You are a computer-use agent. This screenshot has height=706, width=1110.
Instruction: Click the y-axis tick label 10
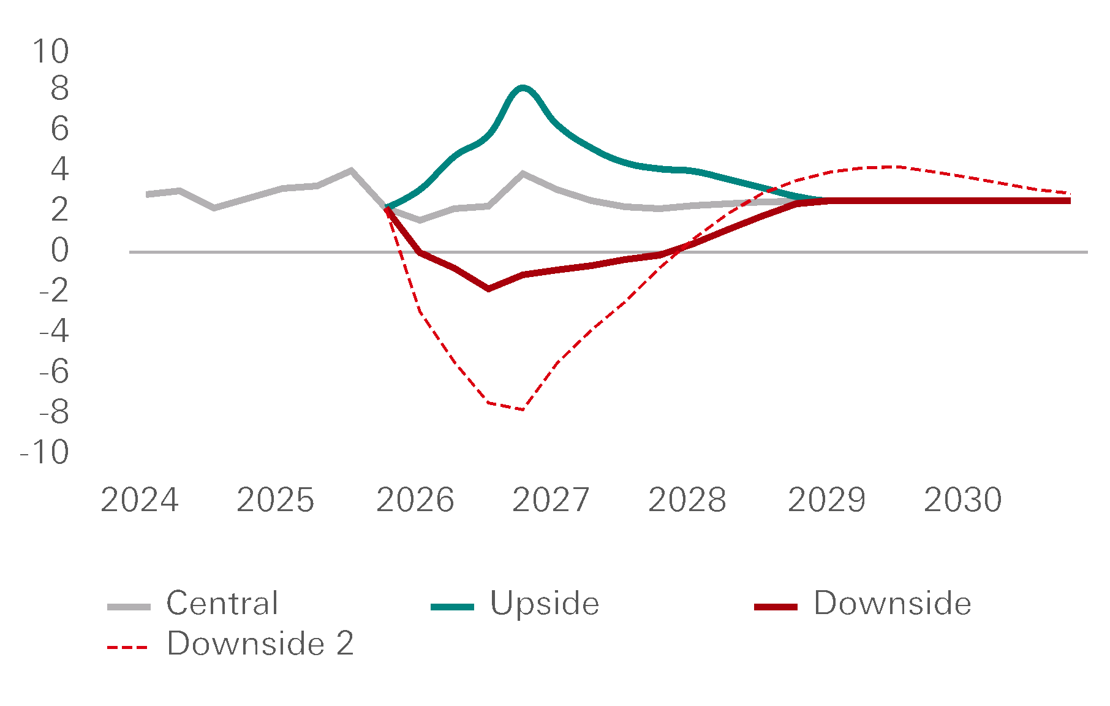click(50, 51)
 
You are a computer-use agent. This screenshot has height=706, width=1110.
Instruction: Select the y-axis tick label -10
click(45, 453)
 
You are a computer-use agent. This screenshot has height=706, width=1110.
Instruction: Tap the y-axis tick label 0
click(59, 251)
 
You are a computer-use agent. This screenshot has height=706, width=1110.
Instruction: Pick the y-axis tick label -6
click(54, 372)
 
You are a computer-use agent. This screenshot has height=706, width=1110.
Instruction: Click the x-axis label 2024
click(140, 500)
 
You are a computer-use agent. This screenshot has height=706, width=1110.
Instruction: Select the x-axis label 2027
click(551, 500)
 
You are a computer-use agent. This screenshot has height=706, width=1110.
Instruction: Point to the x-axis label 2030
click(962, 500)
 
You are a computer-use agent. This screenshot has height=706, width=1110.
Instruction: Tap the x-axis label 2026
click(415, 500)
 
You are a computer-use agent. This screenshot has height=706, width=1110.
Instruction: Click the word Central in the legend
click(222, 603)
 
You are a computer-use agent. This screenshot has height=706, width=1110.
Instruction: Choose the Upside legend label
click(545, 603)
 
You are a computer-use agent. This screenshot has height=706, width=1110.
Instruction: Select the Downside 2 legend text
click(260, 643)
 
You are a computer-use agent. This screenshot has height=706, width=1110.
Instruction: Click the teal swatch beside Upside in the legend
click(452, 607)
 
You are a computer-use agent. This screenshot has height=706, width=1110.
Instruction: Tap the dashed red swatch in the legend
click(127, 647)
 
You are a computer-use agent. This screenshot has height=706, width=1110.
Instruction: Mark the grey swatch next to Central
click(129, 607)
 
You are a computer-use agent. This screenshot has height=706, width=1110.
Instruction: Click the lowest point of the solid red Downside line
click(488, 288)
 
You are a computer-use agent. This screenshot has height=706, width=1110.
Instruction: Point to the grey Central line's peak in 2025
click(351, 170)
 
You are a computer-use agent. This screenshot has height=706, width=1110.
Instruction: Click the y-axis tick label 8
click(59, 89)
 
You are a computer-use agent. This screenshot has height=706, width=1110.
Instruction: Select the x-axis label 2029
click(826, 500)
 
